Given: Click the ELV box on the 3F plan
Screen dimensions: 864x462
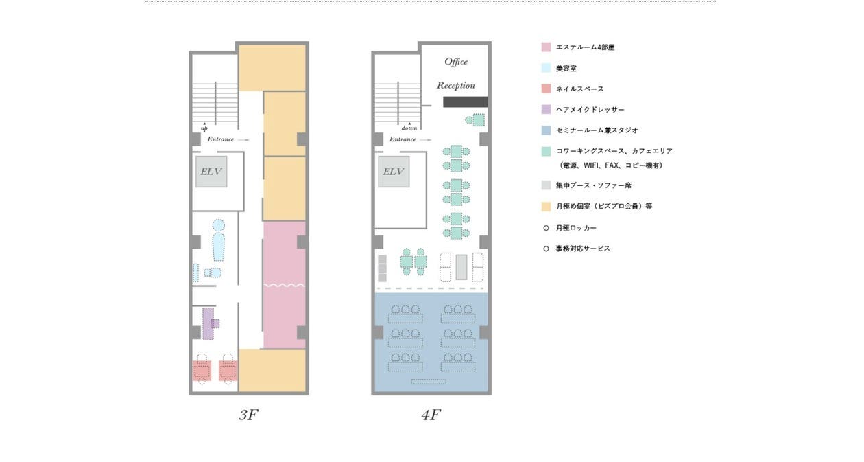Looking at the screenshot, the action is [211, 172].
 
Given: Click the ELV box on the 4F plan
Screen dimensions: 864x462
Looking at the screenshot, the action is [394, 172].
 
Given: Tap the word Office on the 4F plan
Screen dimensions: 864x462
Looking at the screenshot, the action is [456, 62].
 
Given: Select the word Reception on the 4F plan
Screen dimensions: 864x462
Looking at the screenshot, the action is [456, 85].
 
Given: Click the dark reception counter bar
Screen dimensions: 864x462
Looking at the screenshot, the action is [466, 102].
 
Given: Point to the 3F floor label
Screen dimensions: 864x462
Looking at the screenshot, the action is [248, 415].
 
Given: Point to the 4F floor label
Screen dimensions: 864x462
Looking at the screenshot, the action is [431, 415].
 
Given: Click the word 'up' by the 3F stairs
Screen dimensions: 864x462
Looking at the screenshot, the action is [204, 128].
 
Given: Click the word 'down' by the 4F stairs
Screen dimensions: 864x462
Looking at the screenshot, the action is [409, 128].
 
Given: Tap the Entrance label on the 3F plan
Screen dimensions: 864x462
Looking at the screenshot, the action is [220, 139].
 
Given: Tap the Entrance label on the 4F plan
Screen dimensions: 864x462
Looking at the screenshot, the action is [403, 139].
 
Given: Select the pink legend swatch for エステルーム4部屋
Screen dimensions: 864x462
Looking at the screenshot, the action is [546, 47].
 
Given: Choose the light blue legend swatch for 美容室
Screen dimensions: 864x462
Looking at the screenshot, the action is [546, 68].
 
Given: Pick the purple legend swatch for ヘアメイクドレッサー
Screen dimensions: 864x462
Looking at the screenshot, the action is [546, 109].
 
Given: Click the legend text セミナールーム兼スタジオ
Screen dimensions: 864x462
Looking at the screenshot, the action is [597, 130].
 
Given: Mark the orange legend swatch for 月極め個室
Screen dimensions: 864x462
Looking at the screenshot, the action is [546, 206].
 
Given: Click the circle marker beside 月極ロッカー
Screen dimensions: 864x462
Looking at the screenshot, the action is [546, 228].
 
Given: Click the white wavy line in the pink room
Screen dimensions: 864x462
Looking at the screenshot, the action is [285, 286].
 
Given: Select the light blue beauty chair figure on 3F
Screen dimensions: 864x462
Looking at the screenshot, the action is [218, 240].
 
